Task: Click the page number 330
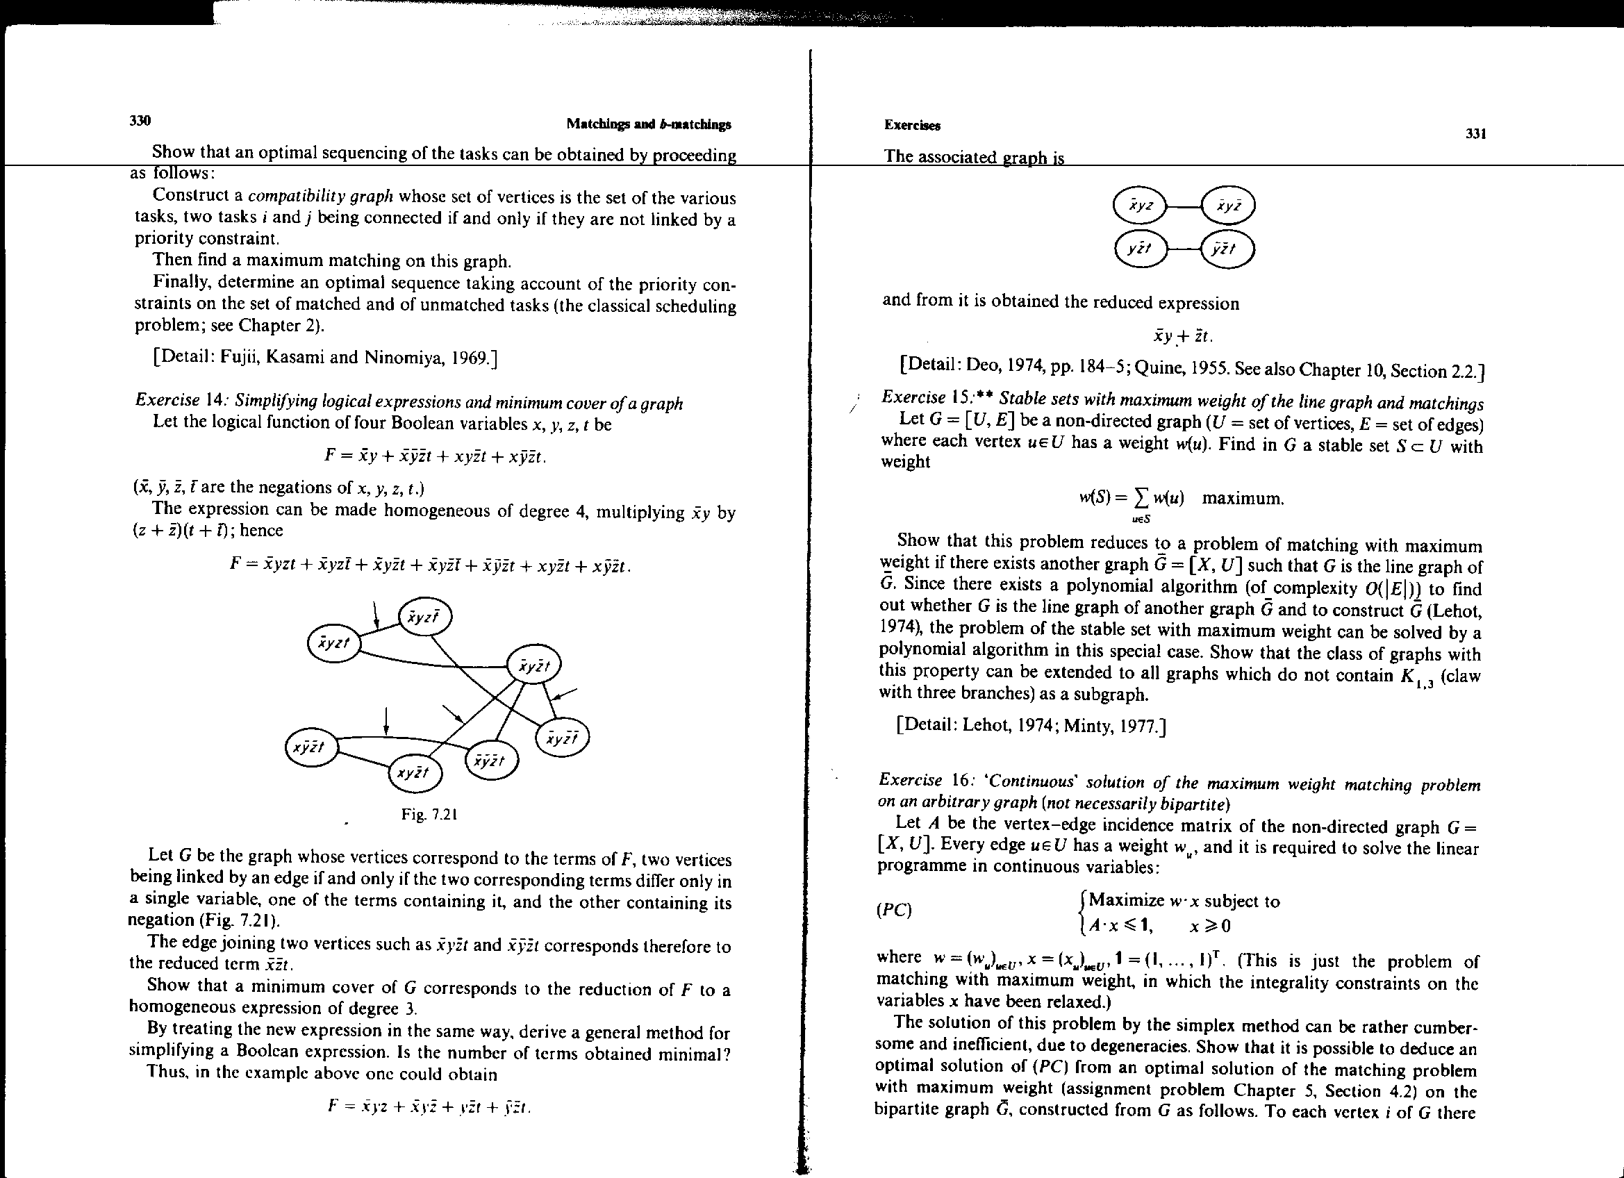(x=140, y=120)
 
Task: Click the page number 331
(x=1476, y=133)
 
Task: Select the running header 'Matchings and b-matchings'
(x=649, y=124)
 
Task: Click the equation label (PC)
(x=894, y=910)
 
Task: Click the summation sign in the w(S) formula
(x=1136, y=499)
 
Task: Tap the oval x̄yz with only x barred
(x=1141, y=206)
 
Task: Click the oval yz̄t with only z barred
(x=1140, y=249)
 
